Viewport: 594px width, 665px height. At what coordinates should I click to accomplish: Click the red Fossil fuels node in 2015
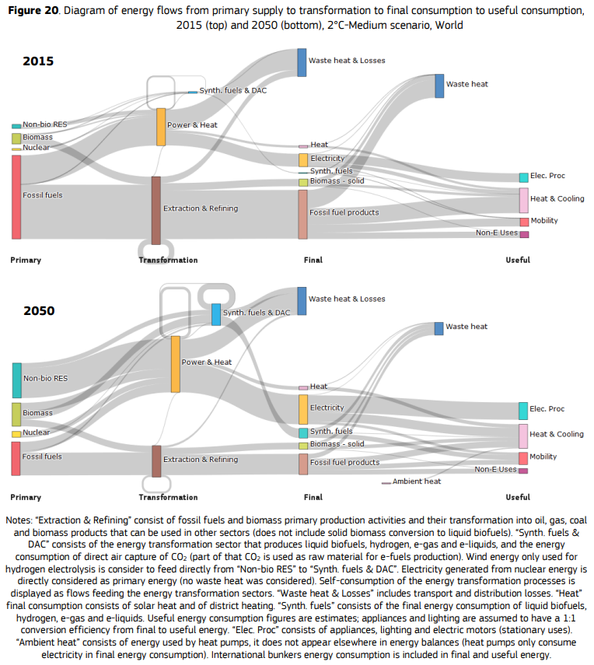(x=16, y=197)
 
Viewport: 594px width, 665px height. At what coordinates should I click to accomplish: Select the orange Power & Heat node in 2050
(x=176, y=363)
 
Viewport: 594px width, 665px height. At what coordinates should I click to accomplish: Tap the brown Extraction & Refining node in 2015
(x=156, y=210)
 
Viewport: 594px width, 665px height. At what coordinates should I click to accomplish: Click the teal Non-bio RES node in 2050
(x=16, y=380)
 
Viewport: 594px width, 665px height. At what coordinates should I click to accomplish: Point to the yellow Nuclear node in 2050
(x=16, y=434)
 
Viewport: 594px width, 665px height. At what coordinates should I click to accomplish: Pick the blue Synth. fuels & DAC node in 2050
(x=216, y=314)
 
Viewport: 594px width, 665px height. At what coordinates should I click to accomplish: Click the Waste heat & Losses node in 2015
(x=302, y=61)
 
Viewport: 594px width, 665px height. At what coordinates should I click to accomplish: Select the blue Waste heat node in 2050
(x=439, y=328)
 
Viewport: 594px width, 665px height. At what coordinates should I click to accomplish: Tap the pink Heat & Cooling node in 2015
(x=524, y=200)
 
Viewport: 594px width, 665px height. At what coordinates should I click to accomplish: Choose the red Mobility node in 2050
(x=523, y=458)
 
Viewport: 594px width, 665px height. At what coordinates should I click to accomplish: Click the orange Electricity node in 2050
(x=303, y=409)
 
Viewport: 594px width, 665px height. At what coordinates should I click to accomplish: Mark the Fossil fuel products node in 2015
(x=303, y=214)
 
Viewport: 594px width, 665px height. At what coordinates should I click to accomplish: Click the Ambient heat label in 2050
(x=417, y=481)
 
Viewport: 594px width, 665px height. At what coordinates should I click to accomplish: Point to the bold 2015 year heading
(x=38, y=61)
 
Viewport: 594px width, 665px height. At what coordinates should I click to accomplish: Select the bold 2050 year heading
(x=38, y=310)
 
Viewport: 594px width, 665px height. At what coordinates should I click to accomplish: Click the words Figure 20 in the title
(x=34, y=9)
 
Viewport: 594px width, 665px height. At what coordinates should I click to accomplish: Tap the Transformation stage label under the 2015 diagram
(x=168, y=260)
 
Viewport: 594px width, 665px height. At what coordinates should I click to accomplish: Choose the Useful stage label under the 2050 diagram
(x=518, y=497)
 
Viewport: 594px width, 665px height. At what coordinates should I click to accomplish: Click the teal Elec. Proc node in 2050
(x=523, y=411)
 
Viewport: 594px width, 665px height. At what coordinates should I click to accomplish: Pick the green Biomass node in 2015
(x=16, y=138)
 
